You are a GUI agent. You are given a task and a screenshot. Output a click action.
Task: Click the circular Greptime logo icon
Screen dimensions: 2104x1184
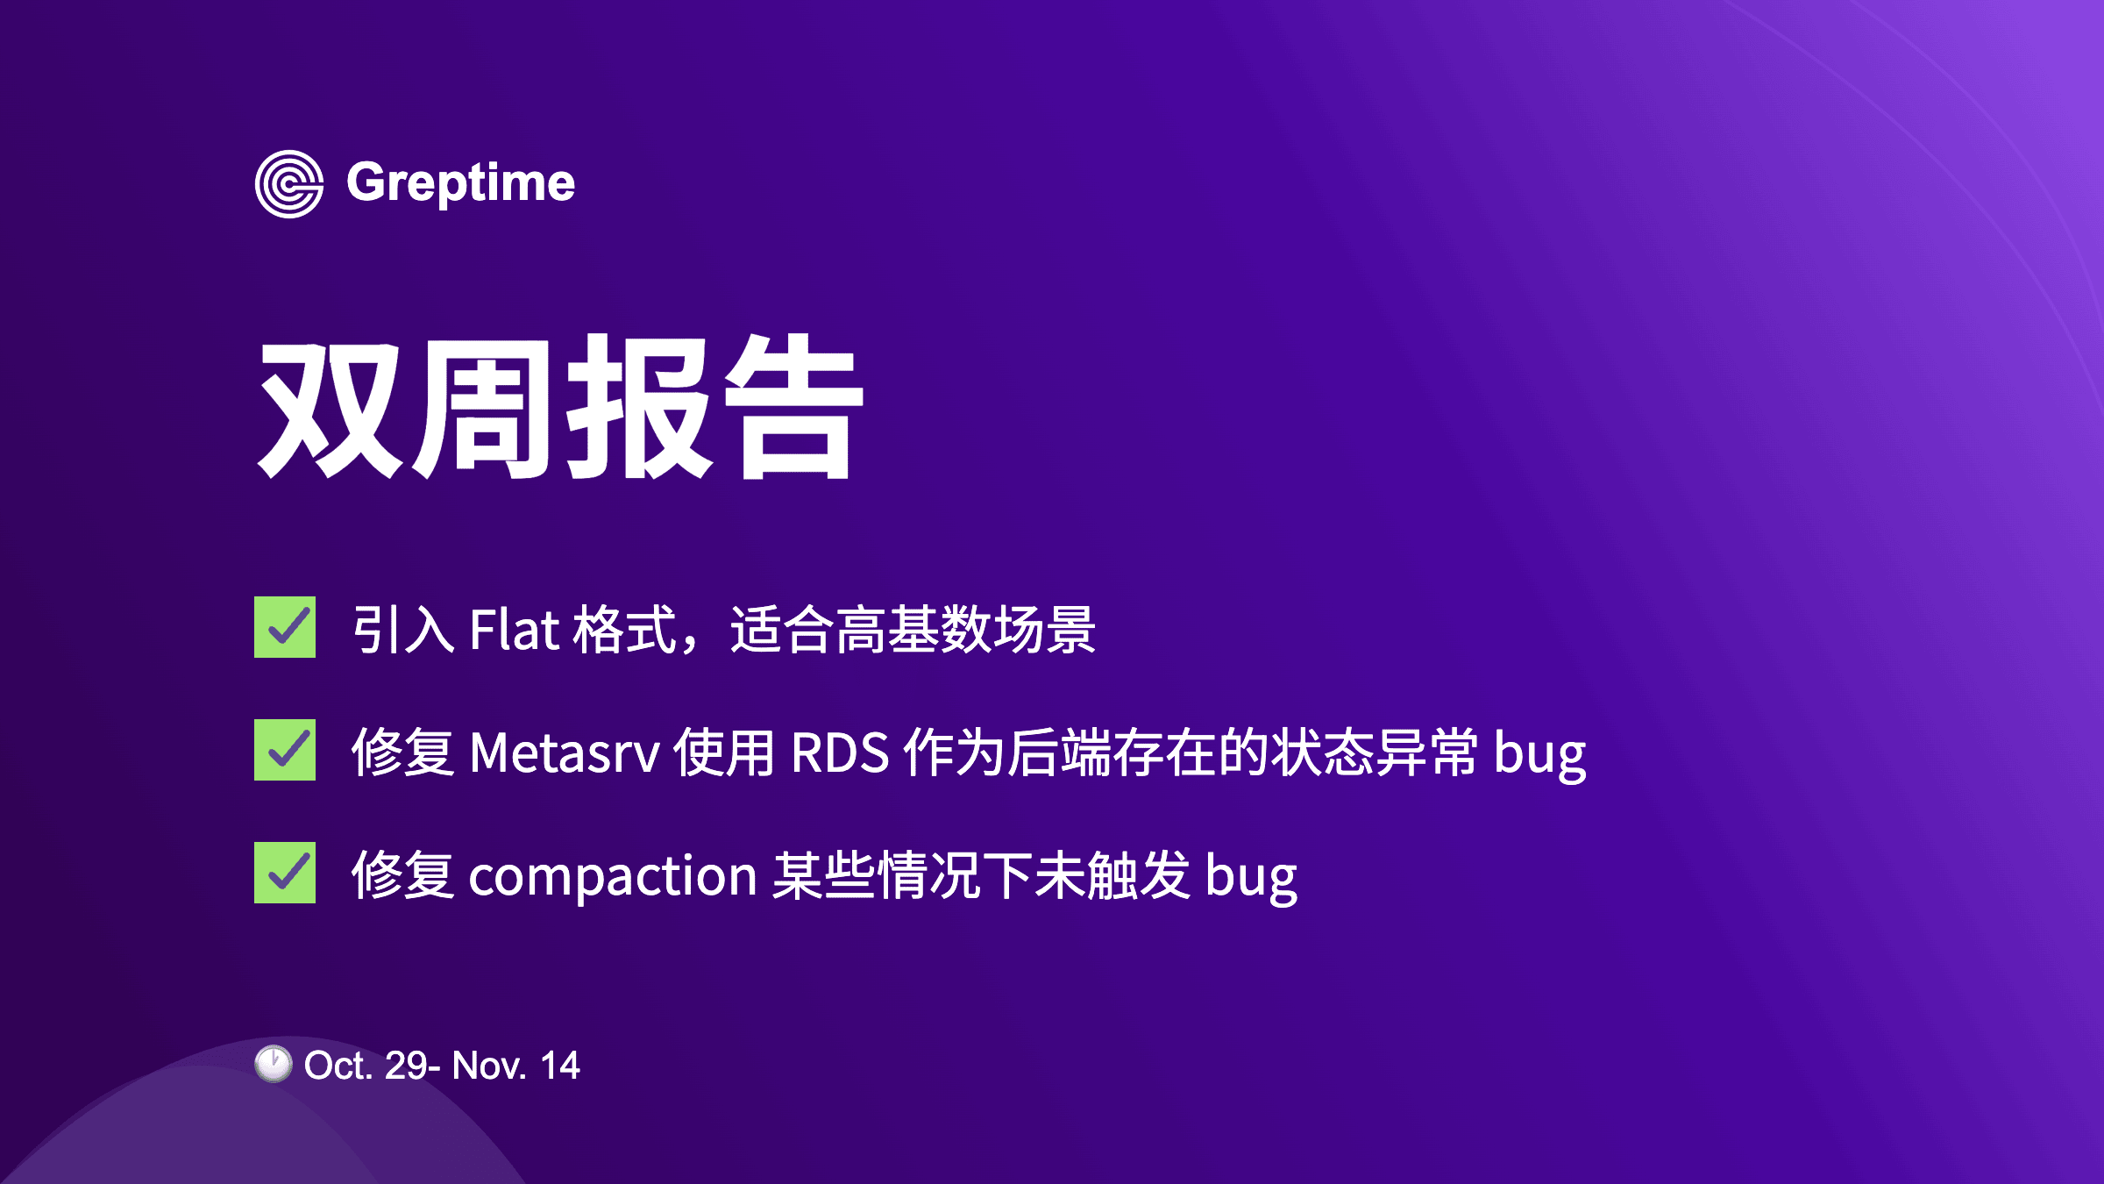[x=289, y=184]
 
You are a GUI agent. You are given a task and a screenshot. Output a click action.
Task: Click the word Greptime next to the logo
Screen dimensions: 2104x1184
[x=461, y=184]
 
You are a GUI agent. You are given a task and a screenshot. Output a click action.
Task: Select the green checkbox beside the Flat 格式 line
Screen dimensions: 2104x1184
[x=285, y=627]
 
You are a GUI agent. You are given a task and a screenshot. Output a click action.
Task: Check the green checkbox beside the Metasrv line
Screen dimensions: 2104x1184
[x=285, y=750]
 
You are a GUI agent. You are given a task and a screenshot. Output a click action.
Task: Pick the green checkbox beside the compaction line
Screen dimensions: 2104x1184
[x=285, y=873]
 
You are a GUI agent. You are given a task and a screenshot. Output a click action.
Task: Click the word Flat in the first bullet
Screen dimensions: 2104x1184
[x=515, y=629]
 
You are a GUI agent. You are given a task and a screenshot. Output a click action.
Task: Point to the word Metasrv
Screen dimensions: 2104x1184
[x=565, y=752]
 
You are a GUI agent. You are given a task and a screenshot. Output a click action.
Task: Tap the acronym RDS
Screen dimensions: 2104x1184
[x=840, y=752]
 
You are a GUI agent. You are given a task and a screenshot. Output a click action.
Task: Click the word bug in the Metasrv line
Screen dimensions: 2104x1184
[x=1539, y=754]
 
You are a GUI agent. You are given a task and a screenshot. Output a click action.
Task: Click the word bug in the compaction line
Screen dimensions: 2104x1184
[x=1251, y=877]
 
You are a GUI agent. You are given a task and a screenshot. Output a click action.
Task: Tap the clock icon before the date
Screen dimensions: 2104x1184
[x=274, y=1064]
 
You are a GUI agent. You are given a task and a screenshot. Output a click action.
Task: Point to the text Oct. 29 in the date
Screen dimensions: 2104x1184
[x=366, y=1066]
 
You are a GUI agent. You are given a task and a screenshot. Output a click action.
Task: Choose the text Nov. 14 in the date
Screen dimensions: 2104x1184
[x=515, y=1066]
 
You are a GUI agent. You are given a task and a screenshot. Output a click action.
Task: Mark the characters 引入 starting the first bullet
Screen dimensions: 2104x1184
[x=403, y=629]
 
